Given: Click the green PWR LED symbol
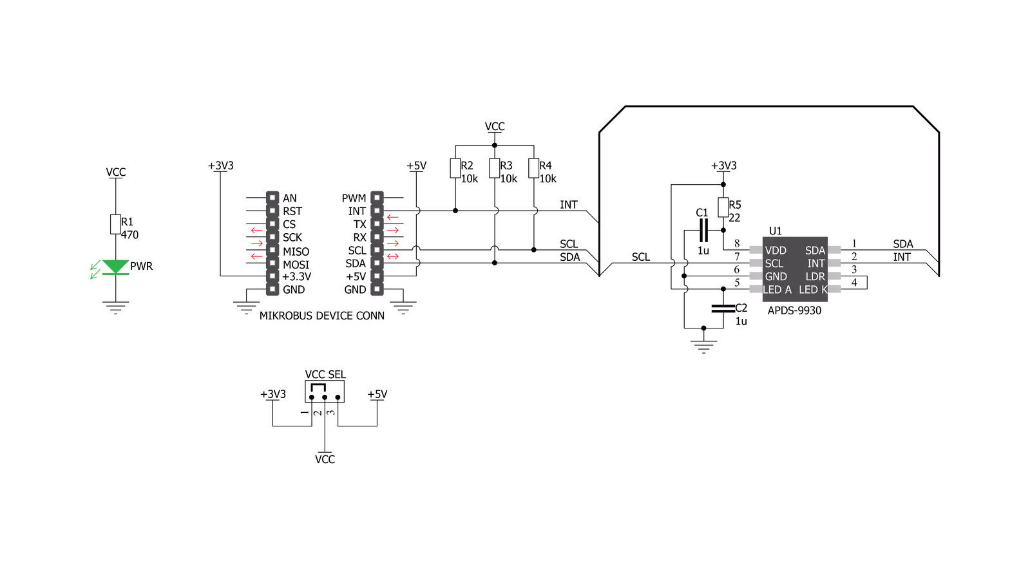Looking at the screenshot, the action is (115, 267).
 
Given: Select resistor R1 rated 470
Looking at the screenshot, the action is (115, 224).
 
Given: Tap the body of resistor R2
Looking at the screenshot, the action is (455, 168).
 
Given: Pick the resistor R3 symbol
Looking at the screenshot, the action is (494, 168).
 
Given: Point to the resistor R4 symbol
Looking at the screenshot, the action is (533, 168).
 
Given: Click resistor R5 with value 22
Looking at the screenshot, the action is (723, 207).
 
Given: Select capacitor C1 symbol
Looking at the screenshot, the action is (703, 231).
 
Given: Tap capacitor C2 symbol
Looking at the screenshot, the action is (723, 309).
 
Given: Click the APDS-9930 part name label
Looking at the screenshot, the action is (794, 311).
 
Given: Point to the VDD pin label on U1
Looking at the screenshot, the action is (776, 251).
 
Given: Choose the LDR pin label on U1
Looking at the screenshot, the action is (815, 277).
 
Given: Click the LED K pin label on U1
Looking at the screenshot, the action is (813, 290).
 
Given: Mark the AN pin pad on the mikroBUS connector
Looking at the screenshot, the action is (272, 198).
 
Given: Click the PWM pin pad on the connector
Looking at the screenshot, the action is (377, 198).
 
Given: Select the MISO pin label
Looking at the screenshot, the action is (296, 252).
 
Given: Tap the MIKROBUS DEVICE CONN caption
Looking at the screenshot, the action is (322, 316).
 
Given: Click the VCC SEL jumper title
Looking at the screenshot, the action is (325, 375).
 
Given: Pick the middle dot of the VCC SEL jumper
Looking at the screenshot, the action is (325, 397).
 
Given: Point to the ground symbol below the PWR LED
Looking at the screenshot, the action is (115, 307).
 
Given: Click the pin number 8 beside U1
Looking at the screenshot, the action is (737, 243).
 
